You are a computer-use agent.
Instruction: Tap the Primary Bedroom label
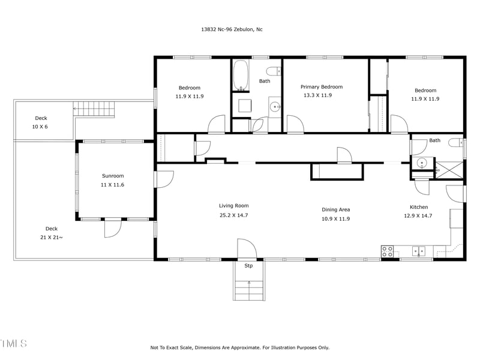pos(325,87)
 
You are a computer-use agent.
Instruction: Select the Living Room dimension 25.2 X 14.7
pos(233,215)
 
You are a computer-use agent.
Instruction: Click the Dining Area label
pos(335,209)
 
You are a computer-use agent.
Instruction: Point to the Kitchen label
pos(418,207)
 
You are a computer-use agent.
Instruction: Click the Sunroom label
pos(112,176)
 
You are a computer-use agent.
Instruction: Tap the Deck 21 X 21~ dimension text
pos(52,238)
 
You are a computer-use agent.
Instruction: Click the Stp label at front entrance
pos(248,265)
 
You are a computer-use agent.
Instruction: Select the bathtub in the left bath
pos(241,75)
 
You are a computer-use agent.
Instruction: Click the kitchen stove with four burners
pos(388,251)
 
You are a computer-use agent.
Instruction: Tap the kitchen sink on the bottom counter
pos(418,251)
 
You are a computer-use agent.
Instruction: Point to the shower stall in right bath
pos(449,170)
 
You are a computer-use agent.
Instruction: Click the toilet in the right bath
pos(458,143)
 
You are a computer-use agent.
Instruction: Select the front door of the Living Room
pos(246,249)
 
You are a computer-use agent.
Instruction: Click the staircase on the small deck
pos(94,109)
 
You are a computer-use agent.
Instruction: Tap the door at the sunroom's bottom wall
pos(112,228)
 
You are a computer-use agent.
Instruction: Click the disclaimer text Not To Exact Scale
pos(239,347)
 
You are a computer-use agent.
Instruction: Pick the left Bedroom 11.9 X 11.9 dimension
pos(189,96)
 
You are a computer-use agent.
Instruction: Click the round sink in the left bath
pos(275,107)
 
